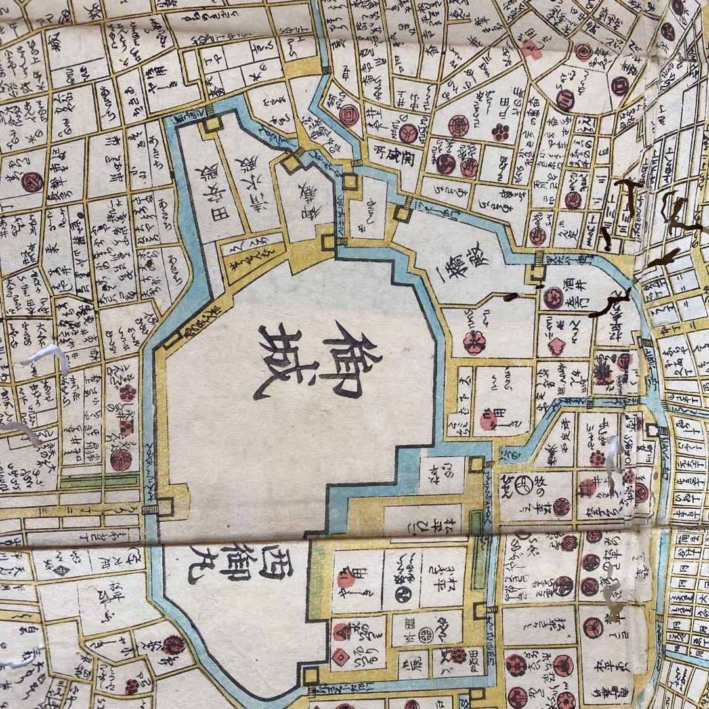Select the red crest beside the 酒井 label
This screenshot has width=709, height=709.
point(553,298)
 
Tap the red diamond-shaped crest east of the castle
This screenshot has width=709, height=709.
point(557,346)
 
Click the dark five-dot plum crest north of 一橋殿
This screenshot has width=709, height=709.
point(502,132)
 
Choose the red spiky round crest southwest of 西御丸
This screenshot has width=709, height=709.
point(172,645)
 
